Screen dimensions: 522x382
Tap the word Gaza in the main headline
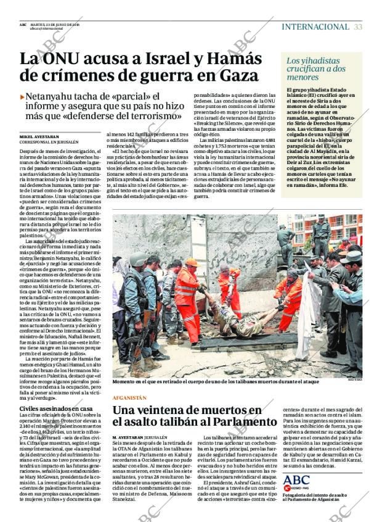[x=230, y=76]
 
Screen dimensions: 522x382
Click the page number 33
[x=358, y=27]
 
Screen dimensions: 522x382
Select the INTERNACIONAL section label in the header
[x=315, y=27]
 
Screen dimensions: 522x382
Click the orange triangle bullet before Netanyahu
[x=23, y=97]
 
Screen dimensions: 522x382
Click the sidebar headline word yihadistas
[x=316, y=60]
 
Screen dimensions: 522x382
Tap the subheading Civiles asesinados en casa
[x=55, y=408]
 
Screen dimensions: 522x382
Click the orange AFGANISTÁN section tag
[x=129, y=398]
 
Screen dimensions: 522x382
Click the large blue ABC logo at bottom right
[x=296, y=479]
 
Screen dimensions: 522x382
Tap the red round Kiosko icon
[x=286, y=488]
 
